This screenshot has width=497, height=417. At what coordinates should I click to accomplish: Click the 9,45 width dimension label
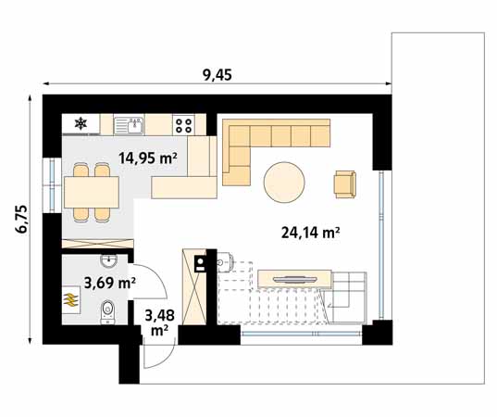[217, 75]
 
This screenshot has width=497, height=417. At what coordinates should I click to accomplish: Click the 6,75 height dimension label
[22, 220]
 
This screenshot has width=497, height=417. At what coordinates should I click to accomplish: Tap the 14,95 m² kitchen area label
[148, 158]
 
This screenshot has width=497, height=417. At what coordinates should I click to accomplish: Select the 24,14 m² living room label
[311, 233]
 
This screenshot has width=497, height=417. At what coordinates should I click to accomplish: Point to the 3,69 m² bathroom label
[110, 282]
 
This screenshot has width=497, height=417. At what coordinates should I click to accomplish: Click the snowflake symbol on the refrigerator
[81, 123]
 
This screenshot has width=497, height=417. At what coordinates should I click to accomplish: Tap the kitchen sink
[129, 125]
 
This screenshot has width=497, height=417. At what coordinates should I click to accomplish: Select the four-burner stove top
[183, 125]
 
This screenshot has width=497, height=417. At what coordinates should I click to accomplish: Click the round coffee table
[284, 182]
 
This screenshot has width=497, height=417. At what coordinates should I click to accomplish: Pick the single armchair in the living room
[345, 184]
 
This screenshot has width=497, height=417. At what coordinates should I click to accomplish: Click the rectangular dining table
[92, 193]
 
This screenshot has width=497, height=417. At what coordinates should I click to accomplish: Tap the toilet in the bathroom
[107, 312]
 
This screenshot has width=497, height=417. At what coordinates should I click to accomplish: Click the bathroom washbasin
[108, 261]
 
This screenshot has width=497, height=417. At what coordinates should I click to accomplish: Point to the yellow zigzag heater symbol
[71, 299]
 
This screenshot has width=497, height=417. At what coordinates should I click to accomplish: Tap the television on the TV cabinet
[295, 279]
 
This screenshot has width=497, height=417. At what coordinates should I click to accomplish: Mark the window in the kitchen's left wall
[52, 184]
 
